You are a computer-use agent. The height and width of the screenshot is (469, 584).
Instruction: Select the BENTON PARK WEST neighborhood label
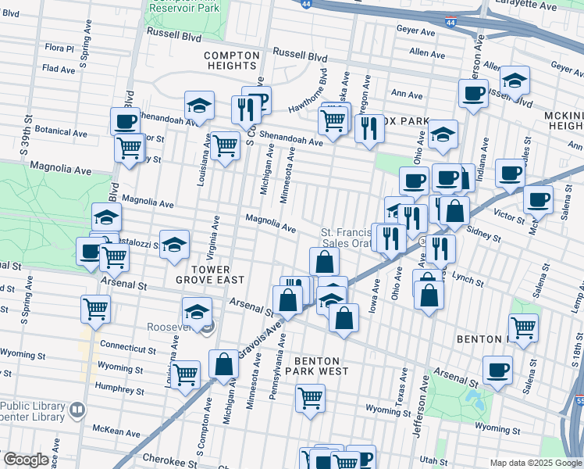tap(321, 366)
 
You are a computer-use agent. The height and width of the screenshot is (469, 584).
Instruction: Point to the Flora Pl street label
tap(59, 48)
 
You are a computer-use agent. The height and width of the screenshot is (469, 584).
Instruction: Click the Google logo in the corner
tap(27, 460)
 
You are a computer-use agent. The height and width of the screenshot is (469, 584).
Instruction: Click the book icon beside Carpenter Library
tap(77, 410)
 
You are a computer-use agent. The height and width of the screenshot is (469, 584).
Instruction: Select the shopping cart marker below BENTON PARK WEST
tap(310, 398)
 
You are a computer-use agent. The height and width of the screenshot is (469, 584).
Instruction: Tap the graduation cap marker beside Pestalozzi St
tap(174, 244)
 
